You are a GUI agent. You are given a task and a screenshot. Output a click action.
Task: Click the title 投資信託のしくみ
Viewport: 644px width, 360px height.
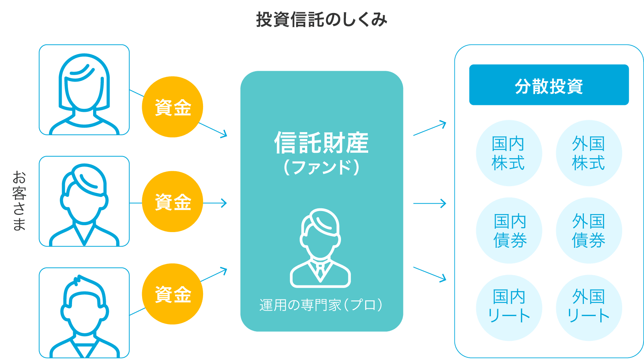coord(321,20)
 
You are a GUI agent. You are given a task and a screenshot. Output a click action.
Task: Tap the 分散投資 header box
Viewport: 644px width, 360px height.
coord(549,85)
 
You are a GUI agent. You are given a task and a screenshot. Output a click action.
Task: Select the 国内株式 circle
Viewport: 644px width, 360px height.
coord(509,153)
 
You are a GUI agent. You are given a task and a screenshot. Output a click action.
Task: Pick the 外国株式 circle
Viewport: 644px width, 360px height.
coord(588,153)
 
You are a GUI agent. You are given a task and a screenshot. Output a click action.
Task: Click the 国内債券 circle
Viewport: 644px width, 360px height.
coord(509,231)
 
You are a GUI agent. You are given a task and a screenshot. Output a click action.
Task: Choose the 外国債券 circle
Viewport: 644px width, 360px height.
coord(588,231)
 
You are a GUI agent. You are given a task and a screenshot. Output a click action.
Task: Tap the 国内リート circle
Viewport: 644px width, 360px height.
coord(509,307)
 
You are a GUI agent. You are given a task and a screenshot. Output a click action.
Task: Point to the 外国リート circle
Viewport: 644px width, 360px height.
coord(588,307)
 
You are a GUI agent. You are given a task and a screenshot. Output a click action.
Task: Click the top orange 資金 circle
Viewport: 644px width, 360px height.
coord(172,107)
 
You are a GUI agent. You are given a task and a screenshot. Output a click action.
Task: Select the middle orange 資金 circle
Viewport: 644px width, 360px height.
coord(172,201)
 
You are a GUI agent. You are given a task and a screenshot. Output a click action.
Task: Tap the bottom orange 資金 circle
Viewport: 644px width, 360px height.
coord(172,294)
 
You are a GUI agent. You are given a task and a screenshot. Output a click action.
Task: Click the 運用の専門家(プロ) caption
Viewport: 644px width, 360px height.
coord(321,305)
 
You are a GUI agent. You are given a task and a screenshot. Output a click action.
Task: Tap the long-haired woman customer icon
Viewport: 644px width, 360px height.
coord(84,92)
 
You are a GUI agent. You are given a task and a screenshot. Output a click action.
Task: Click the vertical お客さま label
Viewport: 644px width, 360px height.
coord(19,201)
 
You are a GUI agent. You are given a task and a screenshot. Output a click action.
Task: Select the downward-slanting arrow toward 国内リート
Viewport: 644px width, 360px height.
coord(430,274)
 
